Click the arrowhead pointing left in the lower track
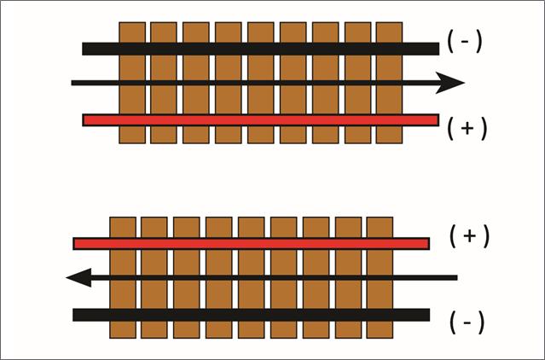click(x=79, y=277)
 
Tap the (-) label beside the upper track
click(x=464, y=41)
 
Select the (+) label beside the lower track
click(x=469, y=236)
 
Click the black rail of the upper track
click(x=256, y=49)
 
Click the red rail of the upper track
click(x=256, y=119)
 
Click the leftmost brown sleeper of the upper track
click(x=131, y=98)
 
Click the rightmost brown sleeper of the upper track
click(x=389, y=98)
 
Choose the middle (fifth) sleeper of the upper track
click(x=260, y=98)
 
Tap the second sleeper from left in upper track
click(x=163, y=98)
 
